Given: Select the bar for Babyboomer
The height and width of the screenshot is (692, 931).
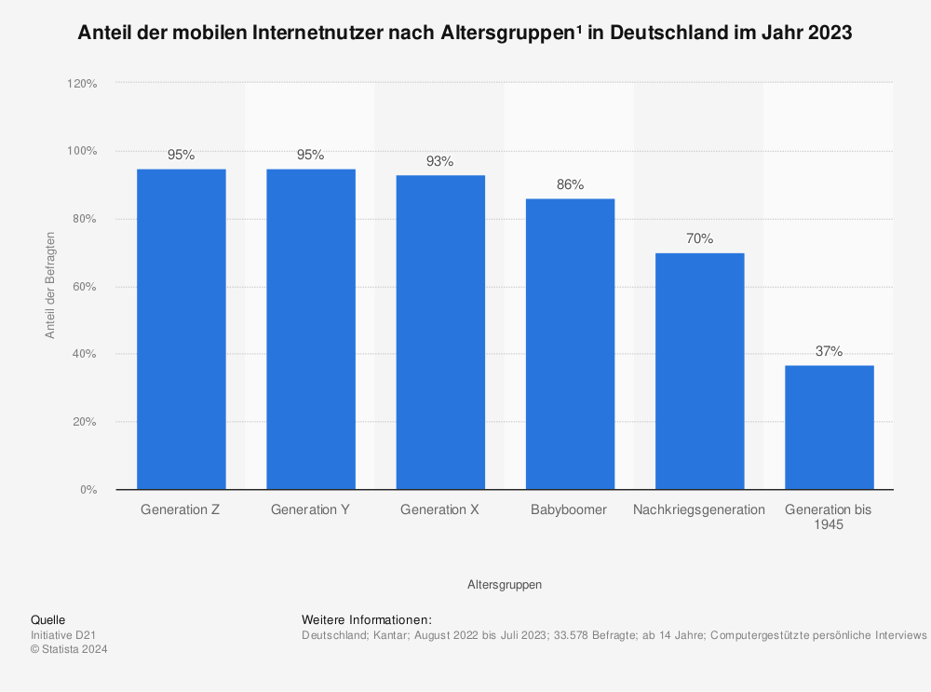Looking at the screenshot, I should (570, 344).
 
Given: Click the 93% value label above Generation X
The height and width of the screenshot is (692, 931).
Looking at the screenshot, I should (439, 161).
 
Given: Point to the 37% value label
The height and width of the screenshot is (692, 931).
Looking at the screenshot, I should (829, 351).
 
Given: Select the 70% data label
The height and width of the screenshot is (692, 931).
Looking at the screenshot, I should (699, 238).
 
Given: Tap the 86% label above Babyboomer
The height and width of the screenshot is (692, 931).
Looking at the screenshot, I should (570, 184).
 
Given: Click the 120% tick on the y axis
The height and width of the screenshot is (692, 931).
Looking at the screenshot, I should (82, 84).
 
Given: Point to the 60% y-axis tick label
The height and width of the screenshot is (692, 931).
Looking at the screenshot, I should (85, 287).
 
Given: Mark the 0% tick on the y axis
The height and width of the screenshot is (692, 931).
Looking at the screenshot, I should (88, 490).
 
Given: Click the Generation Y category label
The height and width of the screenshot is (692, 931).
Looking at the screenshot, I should (310, 510).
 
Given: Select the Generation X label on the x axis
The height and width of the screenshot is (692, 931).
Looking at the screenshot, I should (439, 510).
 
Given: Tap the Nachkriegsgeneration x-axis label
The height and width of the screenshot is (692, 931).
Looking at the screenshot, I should (699, 510).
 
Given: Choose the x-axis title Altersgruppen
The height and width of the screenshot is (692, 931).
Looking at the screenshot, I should (505, 585).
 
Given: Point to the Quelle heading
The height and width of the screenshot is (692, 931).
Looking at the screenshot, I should (47, 619).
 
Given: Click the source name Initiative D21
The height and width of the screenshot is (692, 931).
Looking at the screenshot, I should (63, 635).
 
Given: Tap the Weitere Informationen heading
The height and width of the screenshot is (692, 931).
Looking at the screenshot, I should (367, 619).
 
